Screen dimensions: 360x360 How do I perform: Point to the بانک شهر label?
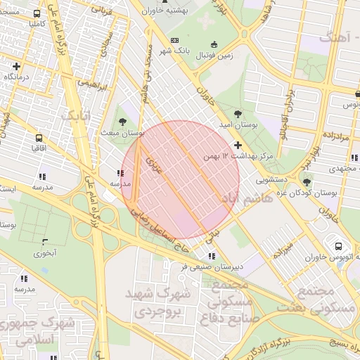coord(174,51)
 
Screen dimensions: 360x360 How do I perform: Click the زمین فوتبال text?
coord(216,54)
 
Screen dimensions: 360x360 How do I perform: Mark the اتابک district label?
coord(75,114)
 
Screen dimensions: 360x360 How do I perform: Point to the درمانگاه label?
coord(20,76)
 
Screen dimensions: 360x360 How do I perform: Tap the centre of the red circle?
coord(180,179)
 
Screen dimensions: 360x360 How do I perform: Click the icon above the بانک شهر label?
coord(174,40)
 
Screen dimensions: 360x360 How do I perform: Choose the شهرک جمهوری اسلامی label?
coord(31,330)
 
